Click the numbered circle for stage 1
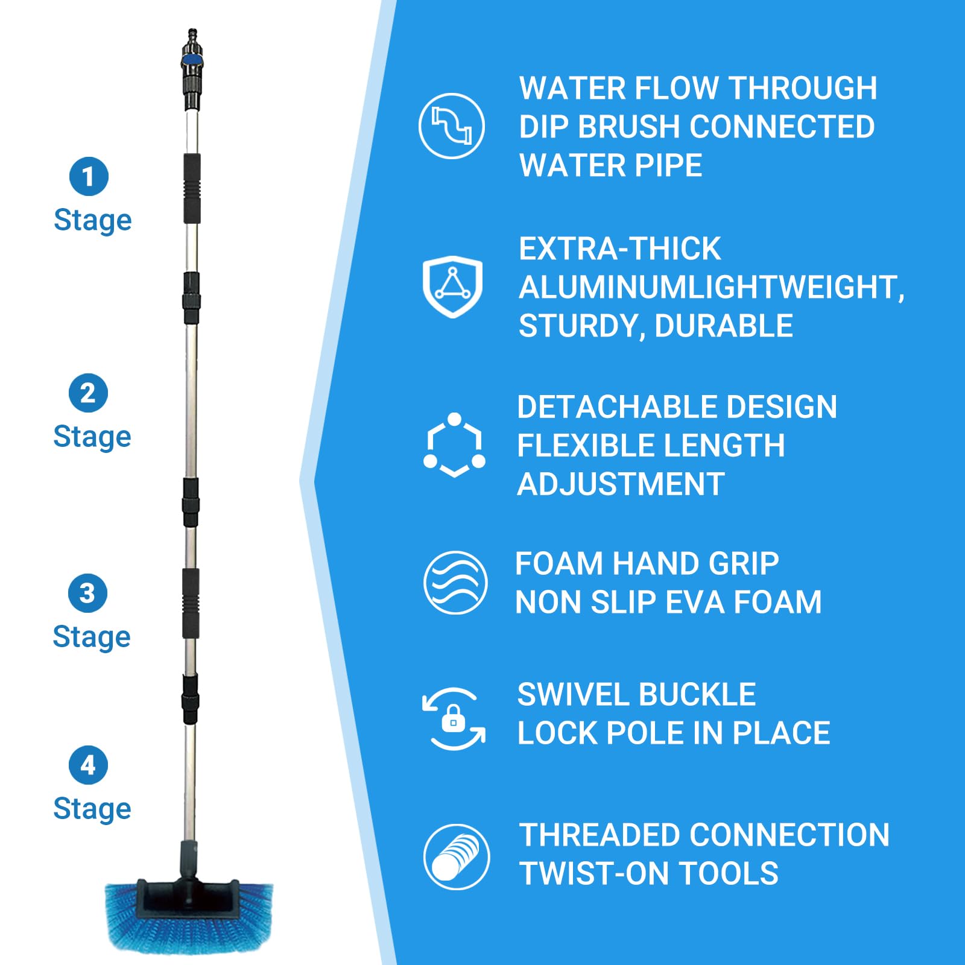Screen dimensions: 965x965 tap(89, 177)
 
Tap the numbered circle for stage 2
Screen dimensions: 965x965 tap(88, 393)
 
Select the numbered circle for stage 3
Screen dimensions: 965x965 tap(87, 593)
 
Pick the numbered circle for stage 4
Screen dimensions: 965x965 tap(88, 765)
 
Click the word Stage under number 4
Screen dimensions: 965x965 tap(92, 809)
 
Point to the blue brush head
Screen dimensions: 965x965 tap(189, 917)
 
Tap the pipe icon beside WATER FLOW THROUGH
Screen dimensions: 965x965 tap(452, 126)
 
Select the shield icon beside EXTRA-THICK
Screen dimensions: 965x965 tap(452, 286)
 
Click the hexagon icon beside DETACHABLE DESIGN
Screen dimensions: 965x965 tap(454, 446)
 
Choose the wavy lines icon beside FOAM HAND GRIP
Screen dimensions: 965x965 tap(455, 583)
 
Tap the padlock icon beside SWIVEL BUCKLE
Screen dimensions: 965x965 tap(454, 719)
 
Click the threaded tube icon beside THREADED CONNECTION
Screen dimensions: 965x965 tap(457, 856)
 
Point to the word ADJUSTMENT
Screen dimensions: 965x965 tap(621, 484)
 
